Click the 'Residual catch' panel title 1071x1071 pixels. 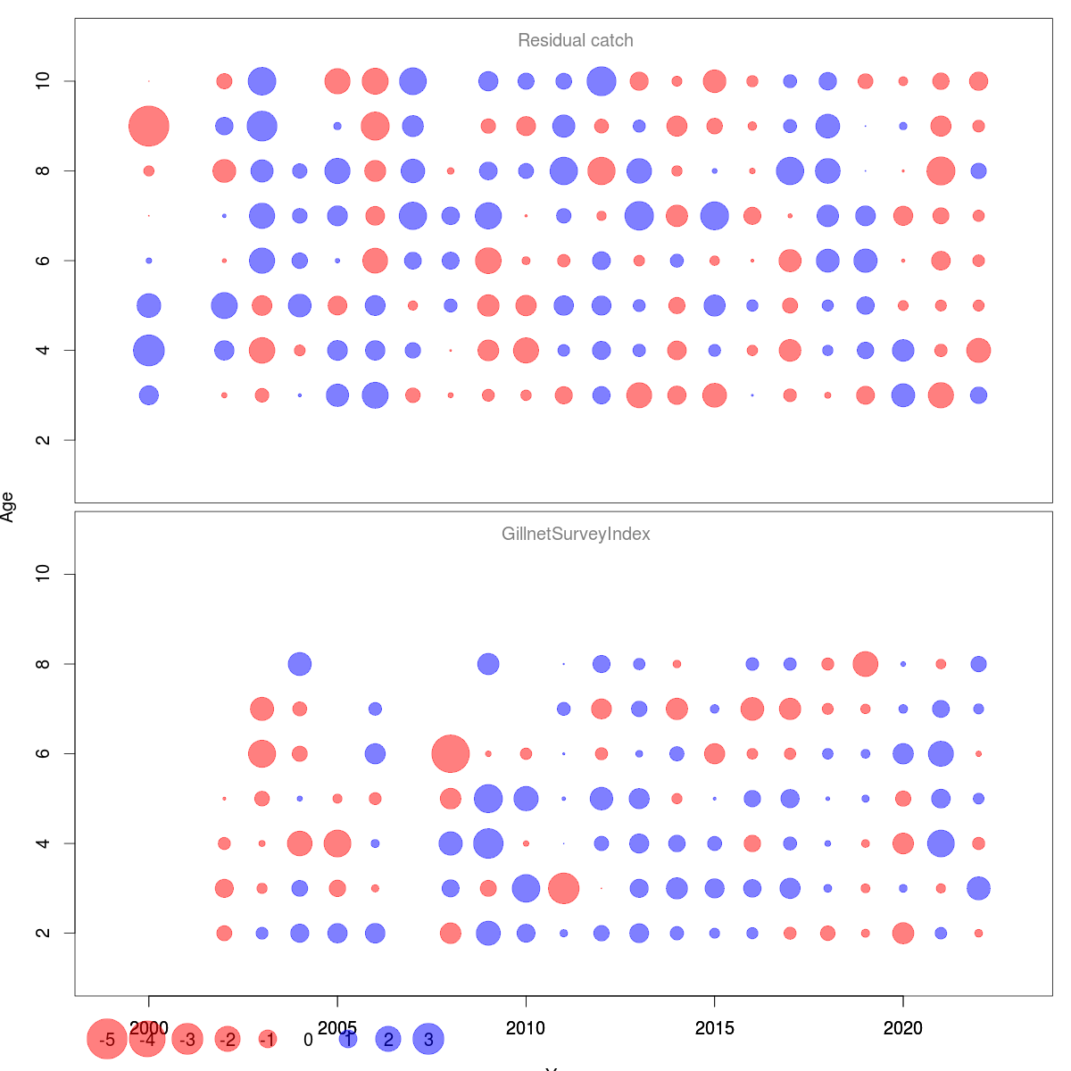tap(576, 41)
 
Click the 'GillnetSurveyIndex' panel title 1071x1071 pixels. tap(576, 535)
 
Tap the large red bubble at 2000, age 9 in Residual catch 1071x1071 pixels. tap(149, 126)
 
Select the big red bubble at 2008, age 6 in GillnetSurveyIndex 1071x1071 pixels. tap(451, 754)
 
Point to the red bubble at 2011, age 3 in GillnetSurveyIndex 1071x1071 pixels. tap(564, 889)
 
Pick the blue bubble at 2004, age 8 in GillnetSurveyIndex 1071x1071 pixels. tap(300, 664)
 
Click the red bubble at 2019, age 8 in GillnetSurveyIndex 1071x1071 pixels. tap(866, 664)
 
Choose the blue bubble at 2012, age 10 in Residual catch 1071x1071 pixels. tap(602, 81)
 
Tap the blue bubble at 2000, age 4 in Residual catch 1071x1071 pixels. tap(149, 350)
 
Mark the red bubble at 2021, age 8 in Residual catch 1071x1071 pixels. tap(941, 170)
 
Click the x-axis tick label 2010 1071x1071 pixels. tap(526, 1029)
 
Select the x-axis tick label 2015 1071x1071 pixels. tap(714, 1029)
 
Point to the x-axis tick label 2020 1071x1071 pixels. tap(903, 1029)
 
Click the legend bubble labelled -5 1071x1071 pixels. tap(107, 1040)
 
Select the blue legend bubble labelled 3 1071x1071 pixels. tap(428, 1040)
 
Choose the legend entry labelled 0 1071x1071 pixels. tap(308, 1040)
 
